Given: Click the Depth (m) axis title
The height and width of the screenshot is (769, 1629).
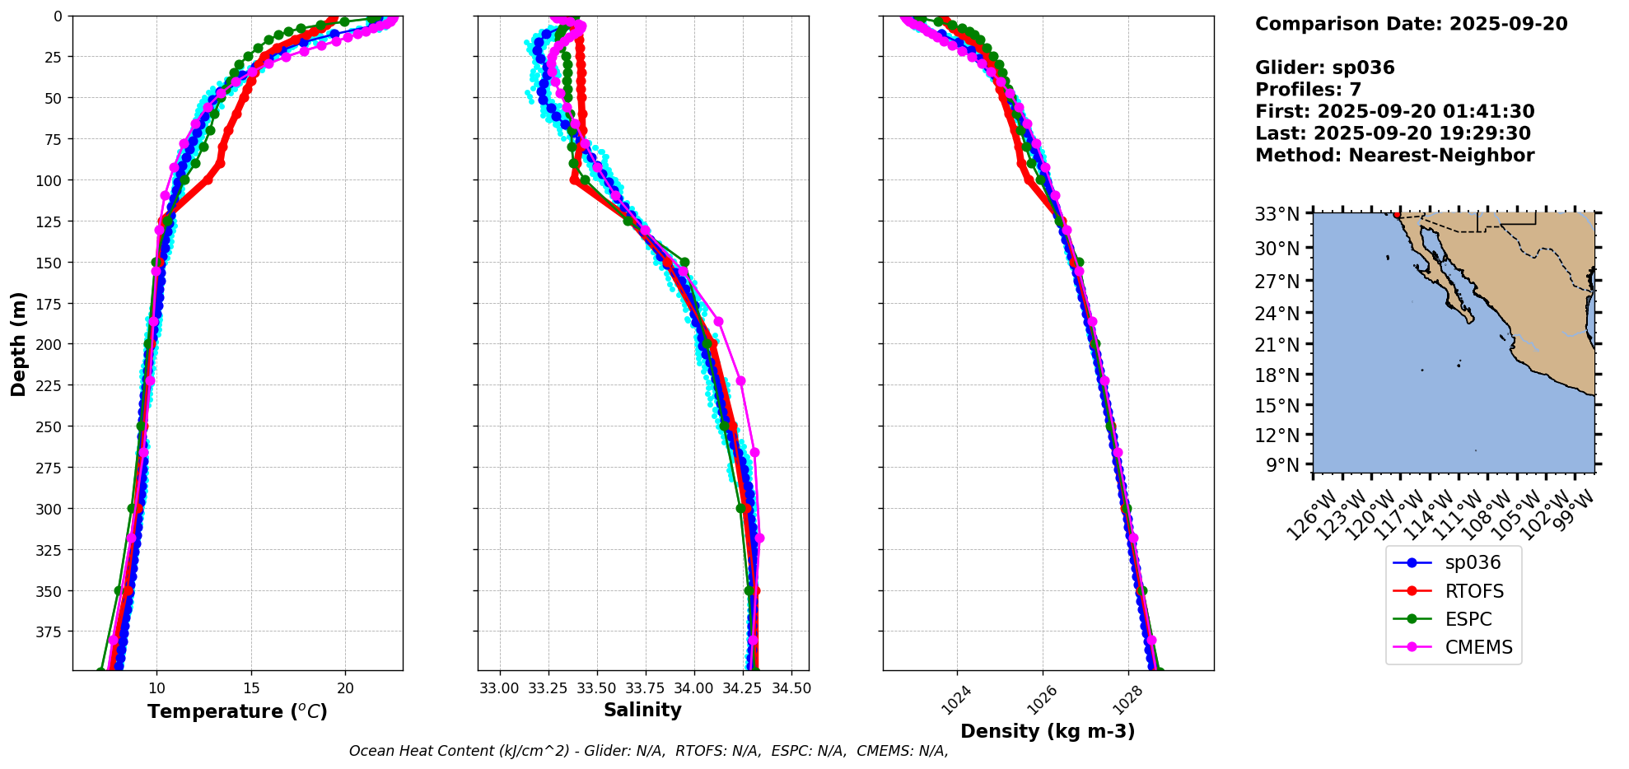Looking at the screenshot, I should [x=18, y=343].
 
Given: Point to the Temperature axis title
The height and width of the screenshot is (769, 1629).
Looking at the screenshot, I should [x=237, y=711].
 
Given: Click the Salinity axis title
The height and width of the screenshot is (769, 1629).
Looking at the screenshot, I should [x=642, y=711].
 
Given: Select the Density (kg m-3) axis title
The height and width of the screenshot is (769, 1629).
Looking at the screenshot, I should [x=1048, y=731].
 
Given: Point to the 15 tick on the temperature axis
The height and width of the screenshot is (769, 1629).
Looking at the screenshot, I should [x=251, y=688].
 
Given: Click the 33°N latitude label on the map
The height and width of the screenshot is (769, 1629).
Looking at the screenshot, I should [x=1277, y=215].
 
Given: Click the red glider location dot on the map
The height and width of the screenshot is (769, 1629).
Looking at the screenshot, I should [x=1397, y=215].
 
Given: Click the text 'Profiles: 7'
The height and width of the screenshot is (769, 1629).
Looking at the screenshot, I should [x=1308, y=90].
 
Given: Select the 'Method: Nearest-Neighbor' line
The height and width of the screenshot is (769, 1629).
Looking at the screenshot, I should [x=1394, y=156].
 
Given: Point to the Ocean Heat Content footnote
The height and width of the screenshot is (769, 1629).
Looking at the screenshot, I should [x=648, y=751].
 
